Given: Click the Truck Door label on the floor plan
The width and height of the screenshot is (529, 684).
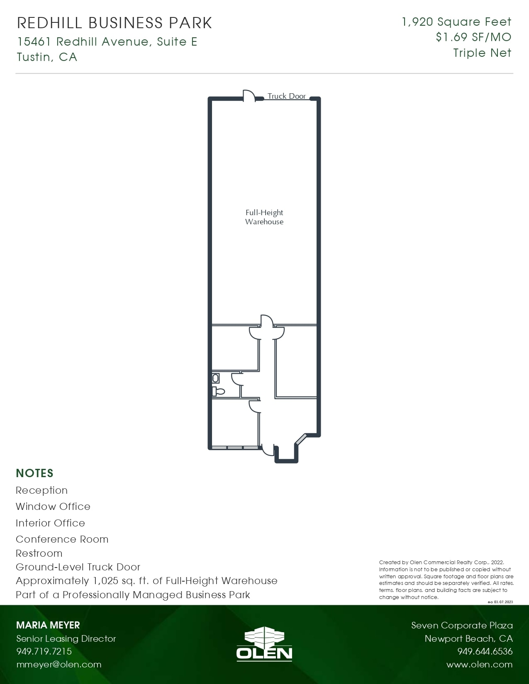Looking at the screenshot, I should tap(287, 96).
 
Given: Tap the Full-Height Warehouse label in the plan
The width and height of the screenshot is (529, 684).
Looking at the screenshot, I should tap(264, 217).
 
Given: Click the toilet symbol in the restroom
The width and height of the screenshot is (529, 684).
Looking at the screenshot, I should tap(218, 391).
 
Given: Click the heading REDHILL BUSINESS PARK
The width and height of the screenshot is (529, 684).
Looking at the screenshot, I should tap(115, 23).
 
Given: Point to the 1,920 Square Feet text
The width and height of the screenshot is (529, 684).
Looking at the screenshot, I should tap(456, 22).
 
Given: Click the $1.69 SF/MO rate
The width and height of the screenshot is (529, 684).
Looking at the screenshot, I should tap(473, 37).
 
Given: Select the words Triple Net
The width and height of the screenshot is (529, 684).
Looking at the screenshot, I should tap(482, 53).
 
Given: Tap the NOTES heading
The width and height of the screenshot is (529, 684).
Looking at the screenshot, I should tap(34, 473).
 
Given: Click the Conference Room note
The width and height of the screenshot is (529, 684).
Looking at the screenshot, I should tap(62, 539).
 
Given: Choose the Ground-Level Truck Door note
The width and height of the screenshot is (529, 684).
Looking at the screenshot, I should tap(78, 567).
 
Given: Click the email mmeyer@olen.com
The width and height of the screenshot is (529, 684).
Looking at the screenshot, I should tap(59, 665).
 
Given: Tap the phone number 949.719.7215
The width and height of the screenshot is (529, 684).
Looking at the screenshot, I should tap(44, 651).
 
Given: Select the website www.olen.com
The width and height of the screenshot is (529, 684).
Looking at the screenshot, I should tap(479, 665).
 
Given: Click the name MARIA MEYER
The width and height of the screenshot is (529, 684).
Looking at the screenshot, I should tap(48, 625).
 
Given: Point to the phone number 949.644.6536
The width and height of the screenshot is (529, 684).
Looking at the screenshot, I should tap(485, 651).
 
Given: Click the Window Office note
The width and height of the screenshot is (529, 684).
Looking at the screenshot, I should tap(53, 507).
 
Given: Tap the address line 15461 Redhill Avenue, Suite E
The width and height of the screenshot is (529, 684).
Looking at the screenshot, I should tap(107, 42).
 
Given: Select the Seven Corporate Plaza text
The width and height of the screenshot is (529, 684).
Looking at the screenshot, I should tap(462, 625).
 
